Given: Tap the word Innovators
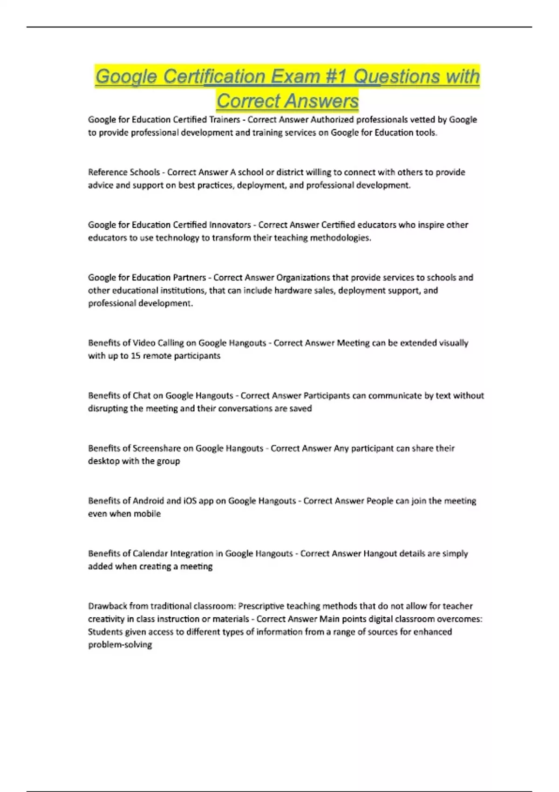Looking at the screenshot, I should click(x=230, y=225).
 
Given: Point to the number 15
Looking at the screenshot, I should click(x=136, y=356).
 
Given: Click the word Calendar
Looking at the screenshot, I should click(x=150, y=553).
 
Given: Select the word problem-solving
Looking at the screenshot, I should click(x=120, y=645).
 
